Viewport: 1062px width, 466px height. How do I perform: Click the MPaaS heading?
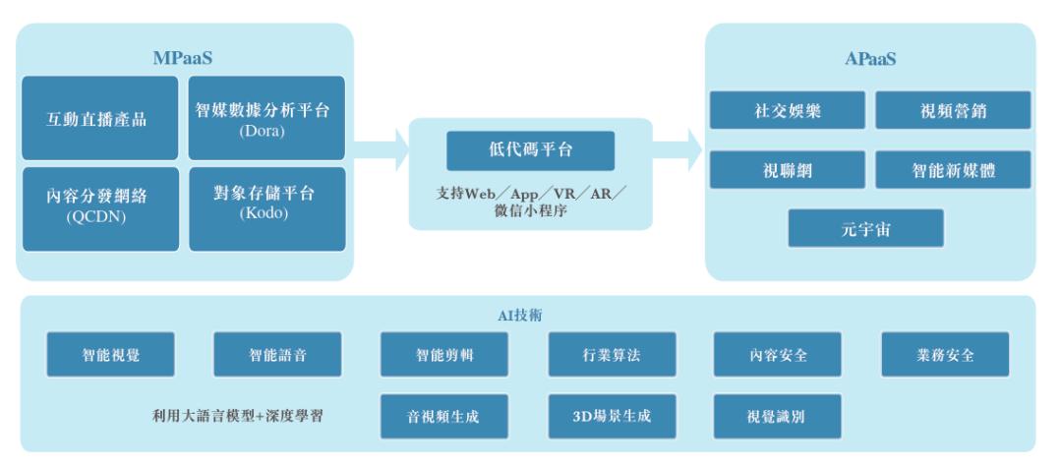coord(183,58)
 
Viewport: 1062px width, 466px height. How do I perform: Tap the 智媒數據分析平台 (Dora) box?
coord(266,119)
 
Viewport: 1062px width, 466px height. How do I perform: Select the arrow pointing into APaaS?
coord(678,153)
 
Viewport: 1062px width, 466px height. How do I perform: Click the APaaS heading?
coord(869,59)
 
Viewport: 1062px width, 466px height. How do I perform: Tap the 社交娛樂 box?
coord(787,110)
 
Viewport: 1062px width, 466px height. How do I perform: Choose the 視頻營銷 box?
coord(953,110)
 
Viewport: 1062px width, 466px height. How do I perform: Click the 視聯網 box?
coord(787,169)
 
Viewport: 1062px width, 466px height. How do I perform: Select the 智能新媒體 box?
coord(953,169)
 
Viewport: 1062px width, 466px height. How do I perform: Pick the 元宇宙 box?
coord(865,228)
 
